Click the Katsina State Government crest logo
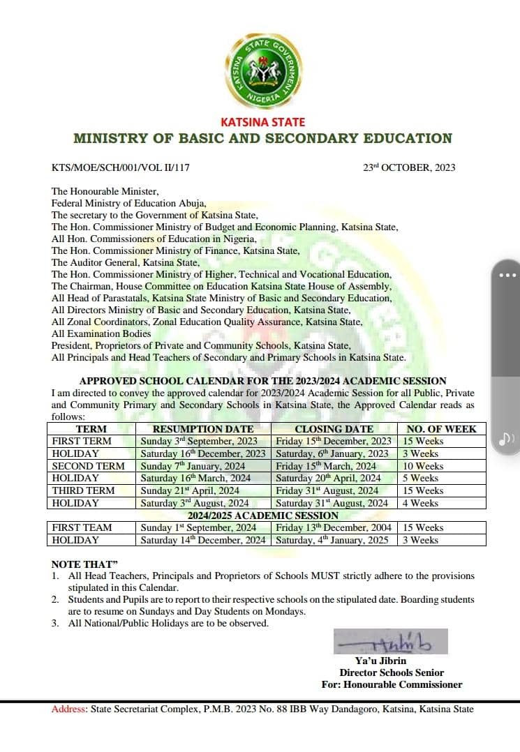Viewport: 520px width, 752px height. [262, 72]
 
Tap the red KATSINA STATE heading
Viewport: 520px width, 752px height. [262, 122]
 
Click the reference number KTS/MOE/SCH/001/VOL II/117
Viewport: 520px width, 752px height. [121, 167]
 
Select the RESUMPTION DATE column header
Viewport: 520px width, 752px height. [202, 429]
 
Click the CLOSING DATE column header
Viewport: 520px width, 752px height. [334, 429]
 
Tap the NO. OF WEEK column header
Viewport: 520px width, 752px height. [441, 429]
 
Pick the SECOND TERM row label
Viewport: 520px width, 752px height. [88, 466]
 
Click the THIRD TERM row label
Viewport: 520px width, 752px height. [83, 490]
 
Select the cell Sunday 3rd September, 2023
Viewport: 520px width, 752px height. [199, 441]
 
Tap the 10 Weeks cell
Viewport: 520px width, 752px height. [422, 466]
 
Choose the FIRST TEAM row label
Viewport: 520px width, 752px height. [82, 528]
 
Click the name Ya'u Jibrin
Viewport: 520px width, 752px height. [380, 661]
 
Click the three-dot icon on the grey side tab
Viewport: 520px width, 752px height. [508, 275]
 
